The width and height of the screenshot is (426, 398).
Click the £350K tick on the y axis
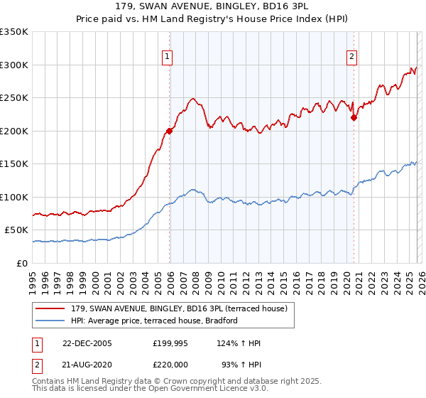click(14, 32)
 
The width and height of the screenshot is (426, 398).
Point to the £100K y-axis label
click(14, 197)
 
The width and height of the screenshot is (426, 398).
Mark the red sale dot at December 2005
click(170, 131)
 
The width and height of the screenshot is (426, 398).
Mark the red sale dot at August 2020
click(354, 118)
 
